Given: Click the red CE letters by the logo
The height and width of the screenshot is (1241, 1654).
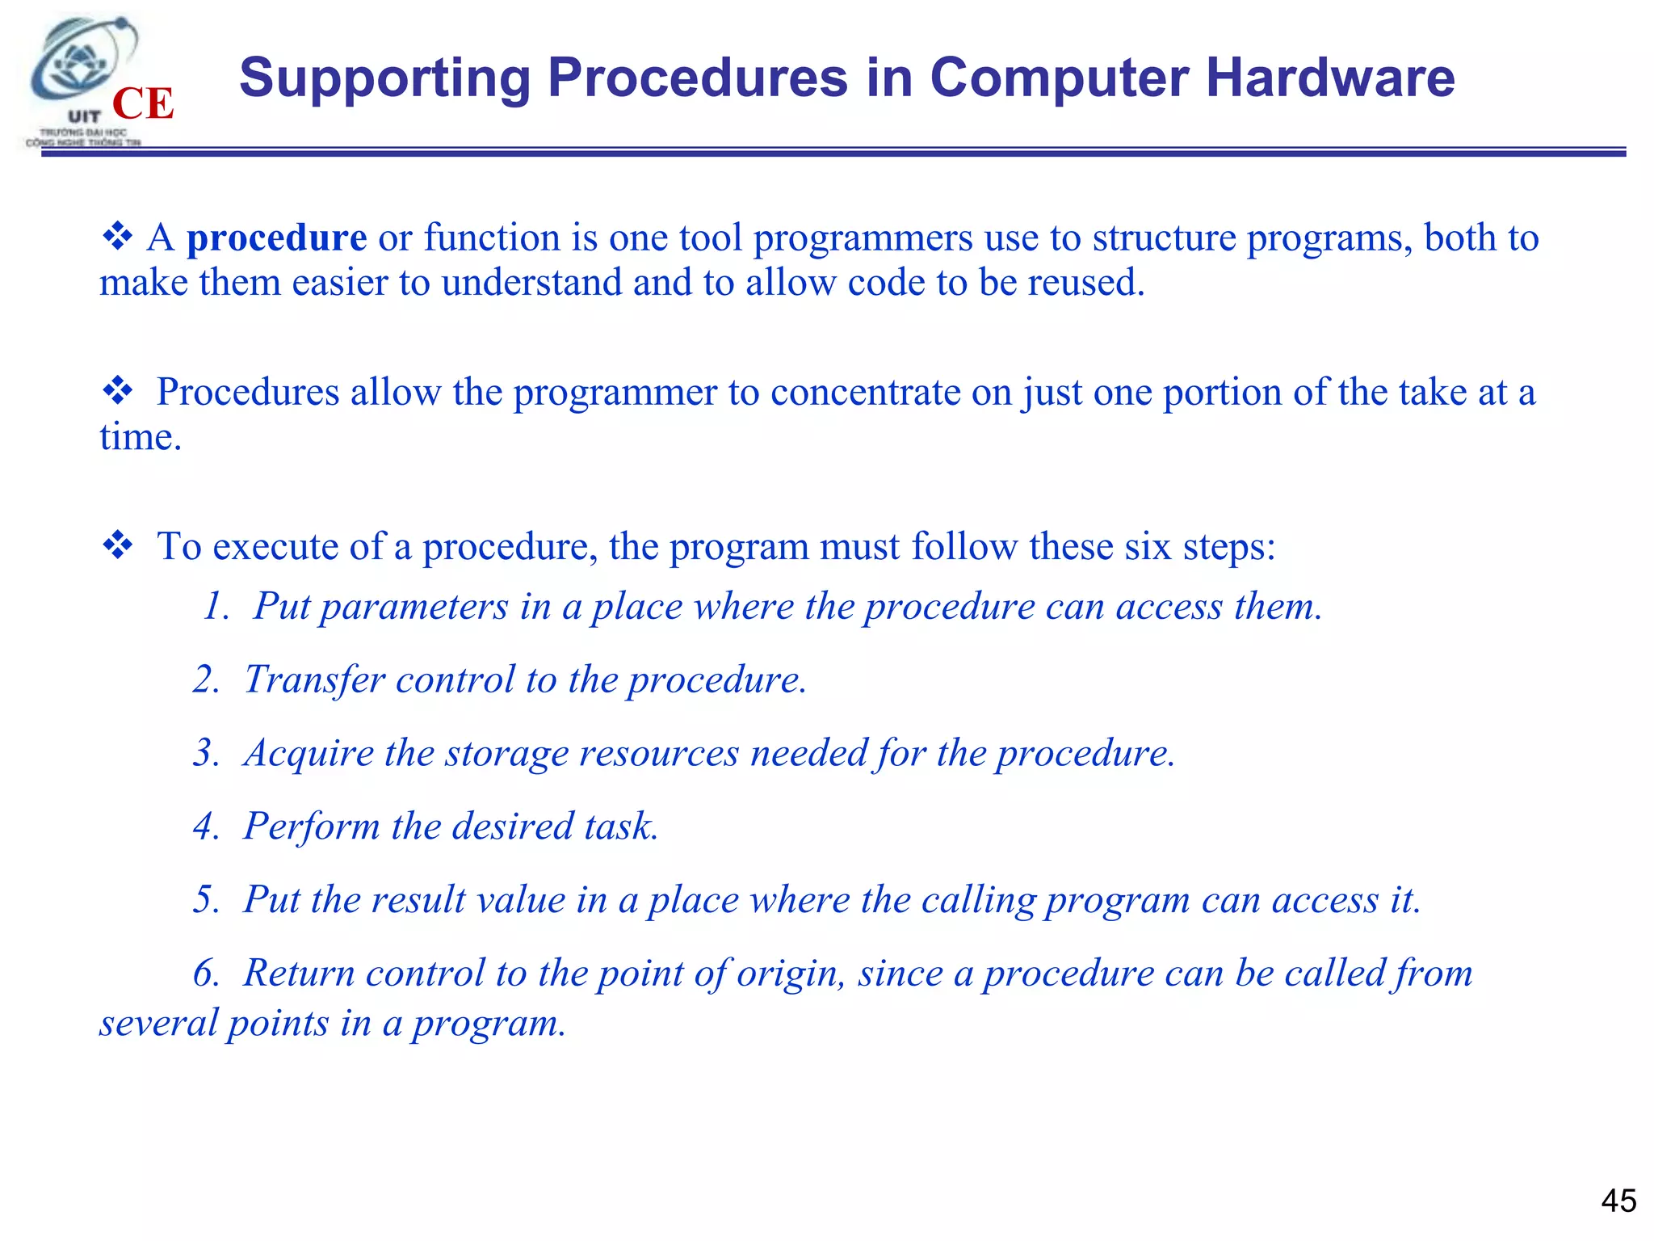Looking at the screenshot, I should click(143, 104).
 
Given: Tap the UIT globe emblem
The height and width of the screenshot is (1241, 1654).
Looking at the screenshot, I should click(81, 65).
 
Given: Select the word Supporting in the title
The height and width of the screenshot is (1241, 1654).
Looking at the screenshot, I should click(384, 78).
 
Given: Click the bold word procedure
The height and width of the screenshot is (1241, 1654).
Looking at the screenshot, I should click(276, 238).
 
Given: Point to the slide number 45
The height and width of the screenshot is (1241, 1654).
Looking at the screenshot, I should click(1618, 1201).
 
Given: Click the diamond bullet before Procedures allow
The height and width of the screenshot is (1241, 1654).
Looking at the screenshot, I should click(118, 391).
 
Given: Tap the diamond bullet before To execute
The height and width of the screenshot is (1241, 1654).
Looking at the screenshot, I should click(118, 545).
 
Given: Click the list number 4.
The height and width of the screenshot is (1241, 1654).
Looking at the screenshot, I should click(205, 827).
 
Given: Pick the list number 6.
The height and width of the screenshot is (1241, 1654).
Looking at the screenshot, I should click(205, 973).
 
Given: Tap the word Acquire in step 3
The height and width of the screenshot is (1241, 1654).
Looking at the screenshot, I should click(309, 754).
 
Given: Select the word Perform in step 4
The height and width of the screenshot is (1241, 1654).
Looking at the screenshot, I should click(312, 827).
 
